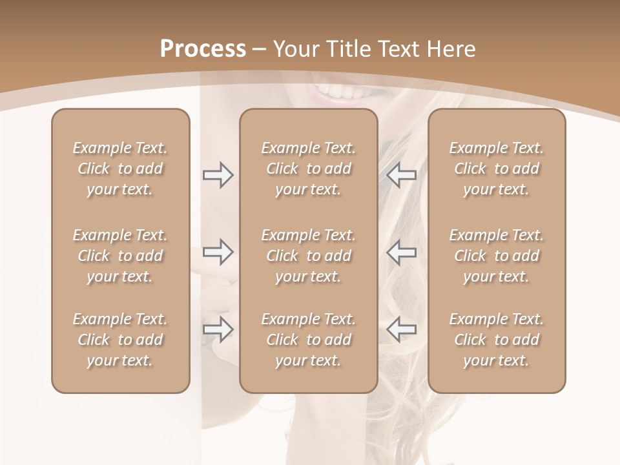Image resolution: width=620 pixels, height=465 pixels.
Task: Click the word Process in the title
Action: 203,49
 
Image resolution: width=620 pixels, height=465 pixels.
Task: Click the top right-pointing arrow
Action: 218,175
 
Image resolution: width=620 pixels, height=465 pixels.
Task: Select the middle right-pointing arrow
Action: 218,252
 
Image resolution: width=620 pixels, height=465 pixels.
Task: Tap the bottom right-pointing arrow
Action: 218,329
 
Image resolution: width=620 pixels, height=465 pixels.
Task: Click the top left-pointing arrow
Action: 401,175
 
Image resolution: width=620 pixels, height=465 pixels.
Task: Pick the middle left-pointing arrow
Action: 401,252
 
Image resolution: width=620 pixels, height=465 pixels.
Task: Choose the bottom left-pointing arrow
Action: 401,329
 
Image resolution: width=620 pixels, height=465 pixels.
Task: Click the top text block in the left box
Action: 120,169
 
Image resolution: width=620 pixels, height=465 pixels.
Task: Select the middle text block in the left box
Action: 120,256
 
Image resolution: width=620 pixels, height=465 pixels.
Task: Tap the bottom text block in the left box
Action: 120,340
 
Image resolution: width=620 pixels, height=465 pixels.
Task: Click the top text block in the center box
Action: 309,169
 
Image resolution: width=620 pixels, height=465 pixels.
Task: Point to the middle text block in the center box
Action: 309,256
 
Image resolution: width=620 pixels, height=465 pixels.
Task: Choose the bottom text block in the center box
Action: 309,340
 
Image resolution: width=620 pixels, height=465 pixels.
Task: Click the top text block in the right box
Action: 497,169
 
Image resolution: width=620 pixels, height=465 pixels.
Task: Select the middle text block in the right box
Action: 497,256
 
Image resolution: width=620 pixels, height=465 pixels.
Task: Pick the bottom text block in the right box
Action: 497,340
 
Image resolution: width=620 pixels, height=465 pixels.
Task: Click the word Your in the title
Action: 298,49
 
